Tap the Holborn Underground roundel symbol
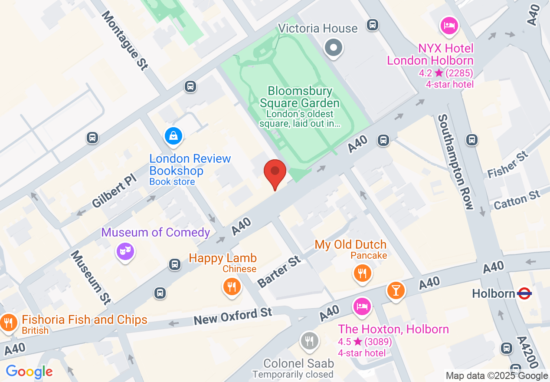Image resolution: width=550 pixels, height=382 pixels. pyautogui.click(x=524, y=294)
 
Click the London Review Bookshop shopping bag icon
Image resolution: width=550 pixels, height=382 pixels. pyautogui.click(x=174, y=136)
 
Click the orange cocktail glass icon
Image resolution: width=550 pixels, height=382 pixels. pyautogui.click(x=396, y=290)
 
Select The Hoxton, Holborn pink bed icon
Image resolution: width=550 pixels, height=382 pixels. pyautogui.click(x=362, y=307)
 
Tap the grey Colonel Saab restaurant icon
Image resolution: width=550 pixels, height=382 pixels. pyautogui.click(x=309, y=341)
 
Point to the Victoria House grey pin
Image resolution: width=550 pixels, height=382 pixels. pyautogui.click(x=334, y=47)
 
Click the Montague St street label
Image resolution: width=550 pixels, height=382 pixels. pyautogui.click(x=125, y=40)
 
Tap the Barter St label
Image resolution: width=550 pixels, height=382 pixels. pyautogui.click(x=279, y=271)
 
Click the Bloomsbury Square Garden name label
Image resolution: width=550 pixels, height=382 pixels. pyautogui.click(x=300, y=97)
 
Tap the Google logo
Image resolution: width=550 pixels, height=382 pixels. pyautogui.click(x=29, y=372)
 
